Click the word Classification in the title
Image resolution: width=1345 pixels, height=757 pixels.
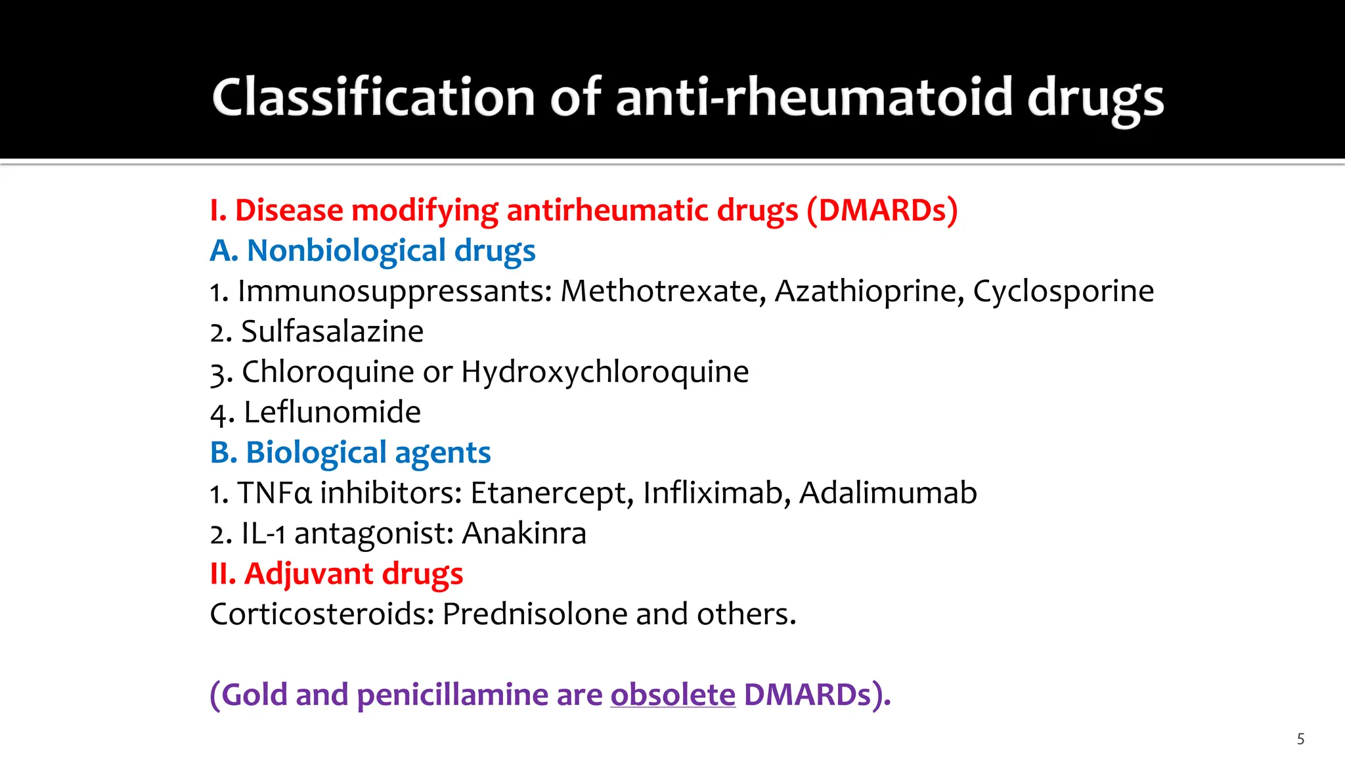coord(373,97)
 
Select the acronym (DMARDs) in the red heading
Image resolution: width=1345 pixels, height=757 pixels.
coord(882,210)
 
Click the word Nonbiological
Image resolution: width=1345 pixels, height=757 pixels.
coord(346,250)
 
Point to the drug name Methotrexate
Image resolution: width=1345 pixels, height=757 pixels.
coord(663,291)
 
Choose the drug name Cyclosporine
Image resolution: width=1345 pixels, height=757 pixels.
coord(1063,291)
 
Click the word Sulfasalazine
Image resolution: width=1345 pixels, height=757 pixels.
coord(332,331)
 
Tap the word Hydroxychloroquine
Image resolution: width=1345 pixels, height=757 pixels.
coord(604,372)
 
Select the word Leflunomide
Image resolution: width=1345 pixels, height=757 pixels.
coord(332,413)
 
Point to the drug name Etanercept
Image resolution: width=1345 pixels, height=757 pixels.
coord(552,493)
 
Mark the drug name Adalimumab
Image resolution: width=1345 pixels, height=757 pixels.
coord(888,493)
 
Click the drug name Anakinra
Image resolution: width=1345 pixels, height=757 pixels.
coord(523,534)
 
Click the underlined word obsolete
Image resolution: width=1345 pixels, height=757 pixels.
coord(672,695)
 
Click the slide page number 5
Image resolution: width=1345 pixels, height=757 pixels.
coord(1300,739)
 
